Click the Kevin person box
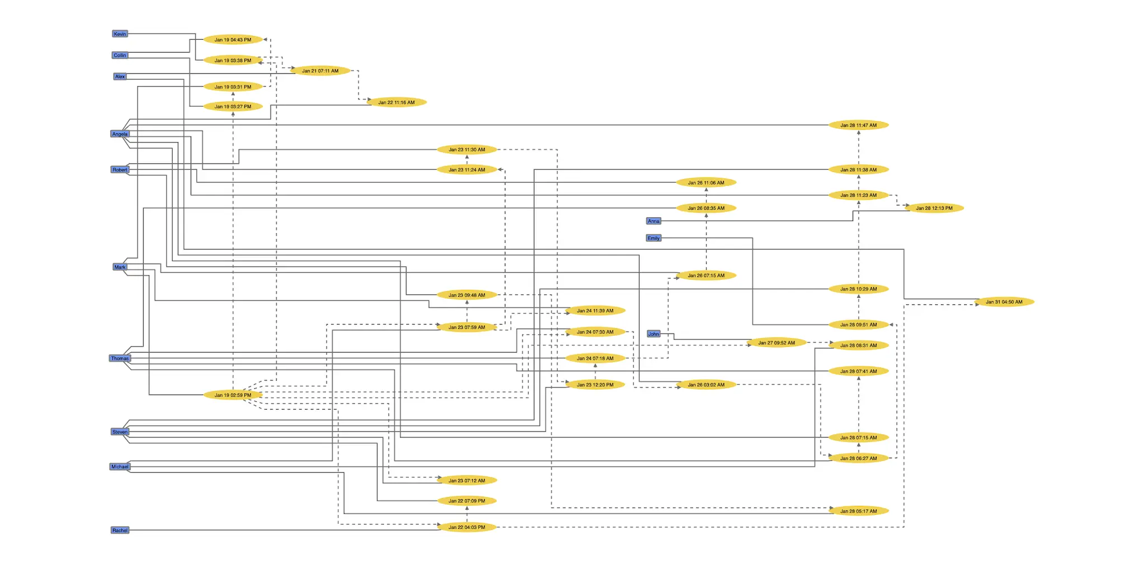point(120,34)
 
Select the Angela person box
point(120,134)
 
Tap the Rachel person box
point(120,530)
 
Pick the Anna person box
point(654,221)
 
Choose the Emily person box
point(654,238)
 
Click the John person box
point(654,334)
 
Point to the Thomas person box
point(120,359)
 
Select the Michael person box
point(120,467)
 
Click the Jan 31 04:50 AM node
point(1004,302)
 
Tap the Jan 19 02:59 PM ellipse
point(233,395)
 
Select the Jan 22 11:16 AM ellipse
point(396,102)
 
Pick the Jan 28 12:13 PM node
point(934,208)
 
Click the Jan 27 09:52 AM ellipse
point(777,343)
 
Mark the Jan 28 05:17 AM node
point(859,511)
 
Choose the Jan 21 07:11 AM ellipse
point(320,71)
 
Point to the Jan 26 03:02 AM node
point(706,385)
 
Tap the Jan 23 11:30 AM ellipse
point(467,150)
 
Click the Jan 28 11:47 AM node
point(859,125)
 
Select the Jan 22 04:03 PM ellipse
point(467,527)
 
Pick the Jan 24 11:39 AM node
point(595,311)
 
